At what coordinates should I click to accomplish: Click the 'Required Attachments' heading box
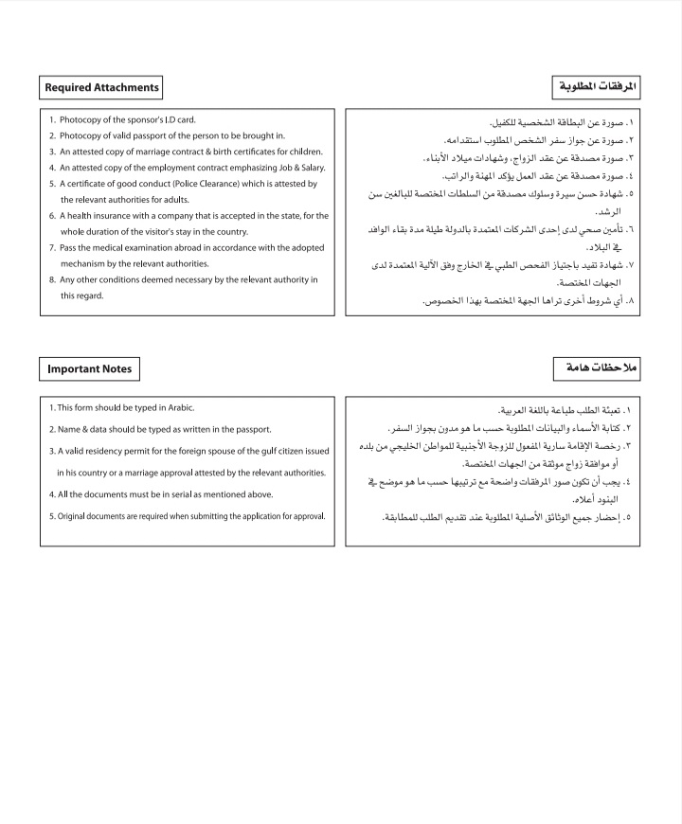[x=101, y=88]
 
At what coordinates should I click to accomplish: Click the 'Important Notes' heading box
[x=89, y=369]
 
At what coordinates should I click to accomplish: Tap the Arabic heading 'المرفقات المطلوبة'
[x=596, y=88]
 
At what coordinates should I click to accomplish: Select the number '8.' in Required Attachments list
[x=53, y=279]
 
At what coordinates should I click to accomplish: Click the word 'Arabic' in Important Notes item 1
[x=178, y=407]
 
